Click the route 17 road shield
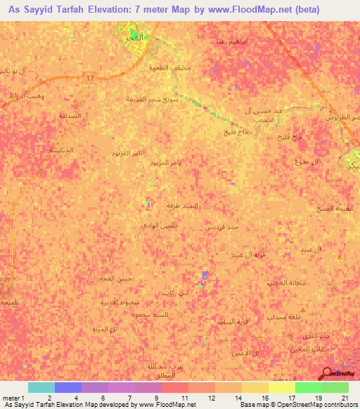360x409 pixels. pos(89,78)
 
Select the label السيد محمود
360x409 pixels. pos(150,314)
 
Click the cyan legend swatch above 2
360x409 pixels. pos(41,387)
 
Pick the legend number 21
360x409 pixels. pos(344,398)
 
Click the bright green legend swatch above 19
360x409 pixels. pos(309,387)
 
